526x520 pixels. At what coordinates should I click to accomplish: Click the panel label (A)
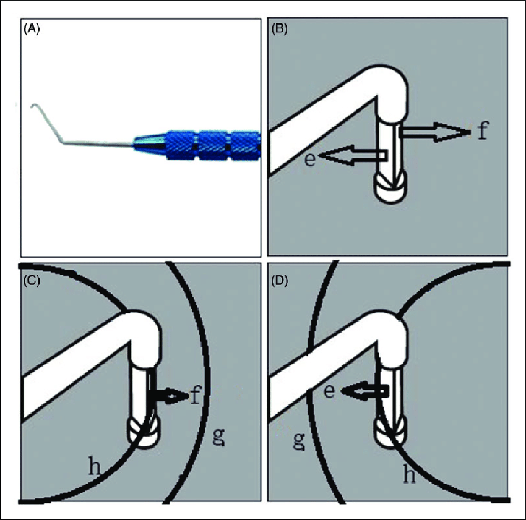point(32,30)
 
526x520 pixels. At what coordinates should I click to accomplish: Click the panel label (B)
point(279,30)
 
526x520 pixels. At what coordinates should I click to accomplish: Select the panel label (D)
point(280,281)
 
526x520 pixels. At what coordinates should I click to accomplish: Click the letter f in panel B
point(482,130)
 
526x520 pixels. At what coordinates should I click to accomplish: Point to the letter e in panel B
point(310,160)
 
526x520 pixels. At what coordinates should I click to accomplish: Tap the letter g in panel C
point(218,437)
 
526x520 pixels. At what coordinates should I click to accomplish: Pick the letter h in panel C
point(94,466)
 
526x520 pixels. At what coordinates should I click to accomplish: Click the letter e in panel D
point(329,391)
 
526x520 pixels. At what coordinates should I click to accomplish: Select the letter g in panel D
point(298,441)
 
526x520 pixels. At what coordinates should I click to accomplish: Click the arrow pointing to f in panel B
point(434,132)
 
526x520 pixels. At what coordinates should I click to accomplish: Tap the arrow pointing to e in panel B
point(353,155)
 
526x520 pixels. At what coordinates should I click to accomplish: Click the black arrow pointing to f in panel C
point(169,396)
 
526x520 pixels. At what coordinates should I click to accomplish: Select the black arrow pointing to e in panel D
point(365,391)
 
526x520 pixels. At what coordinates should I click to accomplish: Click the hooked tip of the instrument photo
point(34,106)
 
